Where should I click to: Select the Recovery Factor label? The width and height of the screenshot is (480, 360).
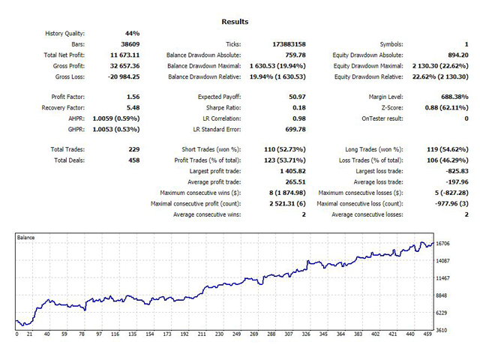click(x=65, y=107)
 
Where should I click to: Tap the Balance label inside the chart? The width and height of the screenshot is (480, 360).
click(x=28, y=238)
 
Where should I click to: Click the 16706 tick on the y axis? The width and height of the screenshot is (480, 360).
click(x=445, y=244)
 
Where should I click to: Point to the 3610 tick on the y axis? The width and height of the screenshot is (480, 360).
click(x=443, y=329)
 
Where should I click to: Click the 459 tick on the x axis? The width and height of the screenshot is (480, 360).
click(x=426, y=334)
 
